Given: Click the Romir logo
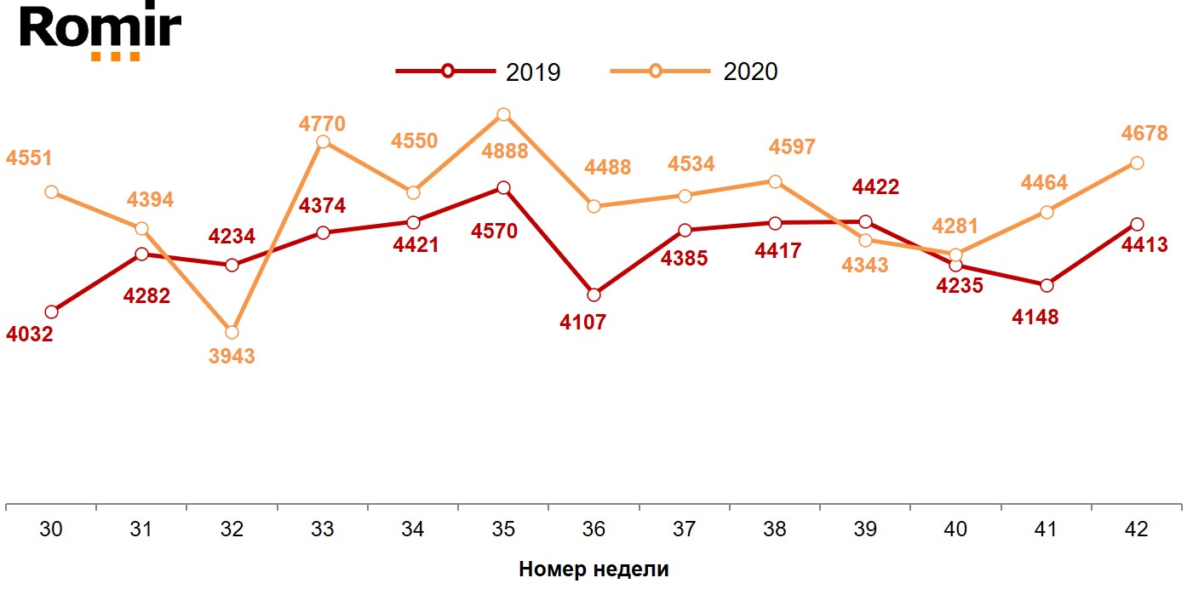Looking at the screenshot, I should (100, 31).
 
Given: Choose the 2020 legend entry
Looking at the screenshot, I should (694, 72).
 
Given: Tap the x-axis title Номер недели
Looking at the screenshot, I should (593, 569).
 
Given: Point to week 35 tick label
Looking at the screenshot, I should (503, 529).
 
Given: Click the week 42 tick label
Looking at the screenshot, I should (1136, 529).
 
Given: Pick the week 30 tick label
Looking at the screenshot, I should (51, 529).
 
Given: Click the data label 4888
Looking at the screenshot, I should (505, 152).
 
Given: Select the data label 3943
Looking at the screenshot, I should (232, 357).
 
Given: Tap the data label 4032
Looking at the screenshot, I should (30, 335).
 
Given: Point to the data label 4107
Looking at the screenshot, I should (582, 323).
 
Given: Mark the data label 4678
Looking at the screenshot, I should (1144, 134).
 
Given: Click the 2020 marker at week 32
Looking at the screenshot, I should (232, 332).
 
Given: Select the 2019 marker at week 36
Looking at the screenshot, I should (594, 295).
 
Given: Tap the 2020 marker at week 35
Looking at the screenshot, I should (503, 115).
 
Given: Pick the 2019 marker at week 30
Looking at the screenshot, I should (51, 312).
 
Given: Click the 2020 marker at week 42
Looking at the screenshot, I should (1136, 163).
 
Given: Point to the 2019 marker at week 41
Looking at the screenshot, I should (1046, 284).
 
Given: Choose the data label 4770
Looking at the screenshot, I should (322, 123).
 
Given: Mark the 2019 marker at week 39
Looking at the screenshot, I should (865, 221).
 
